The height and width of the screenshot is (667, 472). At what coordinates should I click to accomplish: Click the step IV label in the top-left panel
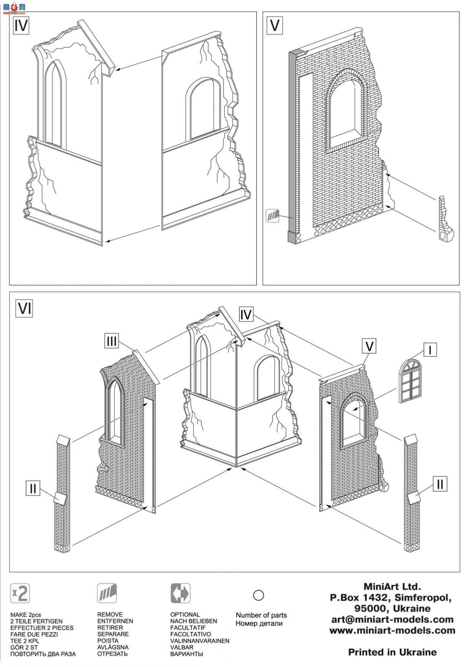(x=21, y=25)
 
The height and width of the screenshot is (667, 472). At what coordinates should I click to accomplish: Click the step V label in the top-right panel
(x=274, y=25)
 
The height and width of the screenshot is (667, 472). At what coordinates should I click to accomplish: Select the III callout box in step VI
(x=111, y=341)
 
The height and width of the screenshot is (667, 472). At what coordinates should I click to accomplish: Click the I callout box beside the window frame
(x=430, y=350)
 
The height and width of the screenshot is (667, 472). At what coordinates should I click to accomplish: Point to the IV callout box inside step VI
(x=246, y=315)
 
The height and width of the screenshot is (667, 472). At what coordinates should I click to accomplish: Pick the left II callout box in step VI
(x=33, y=488)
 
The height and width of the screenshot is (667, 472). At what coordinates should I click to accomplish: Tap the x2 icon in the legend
(x=20, y=593)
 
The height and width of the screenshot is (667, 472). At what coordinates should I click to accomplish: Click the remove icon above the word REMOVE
(x=107, y=593)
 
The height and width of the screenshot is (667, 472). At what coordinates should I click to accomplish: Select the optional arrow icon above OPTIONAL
(x=180, y=593)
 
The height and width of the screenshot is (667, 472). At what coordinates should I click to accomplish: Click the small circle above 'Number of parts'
(x=258, y=595)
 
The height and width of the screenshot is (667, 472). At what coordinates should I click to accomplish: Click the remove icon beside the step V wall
(x=272, y=215)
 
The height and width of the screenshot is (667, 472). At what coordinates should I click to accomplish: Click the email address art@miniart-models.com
(x=393, y=620)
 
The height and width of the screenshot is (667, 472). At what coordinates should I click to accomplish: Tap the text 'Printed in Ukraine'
(x=393, y=652)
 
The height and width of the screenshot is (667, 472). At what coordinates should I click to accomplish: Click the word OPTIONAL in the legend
(x=185, y=615)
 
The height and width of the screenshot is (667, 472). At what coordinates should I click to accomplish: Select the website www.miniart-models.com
(x=393, y=631)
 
